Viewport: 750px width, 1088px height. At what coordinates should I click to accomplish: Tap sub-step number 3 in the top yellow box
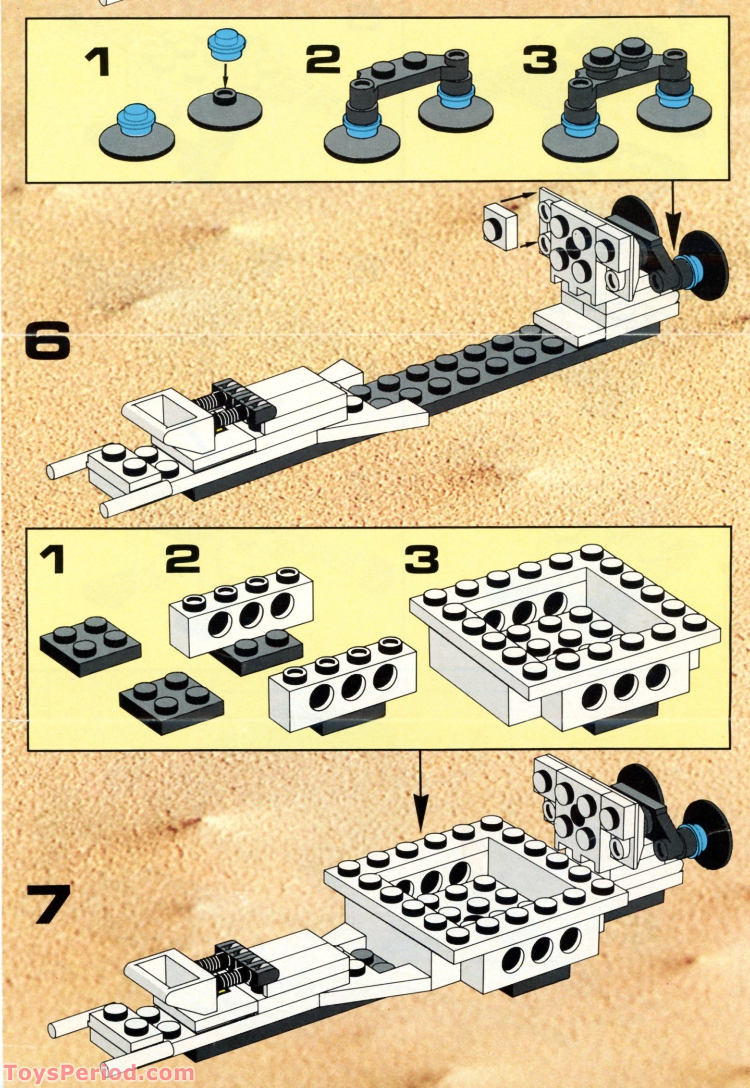540,61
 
